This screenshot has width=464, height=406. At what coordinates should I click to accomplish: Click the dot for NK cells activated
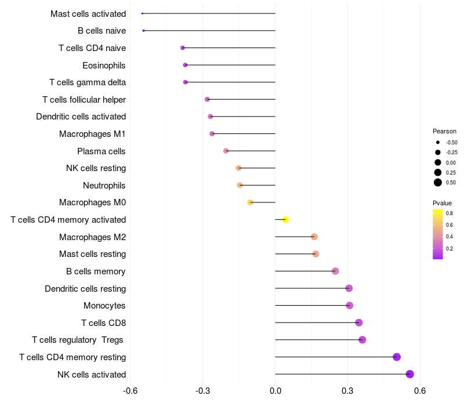click(410, 374)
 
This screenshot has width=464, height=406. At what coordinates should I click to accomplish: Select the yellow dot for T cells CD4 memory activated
click(285, 219)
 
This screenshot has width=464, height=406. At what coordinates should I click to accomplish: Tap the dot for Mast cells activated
click(142, 13)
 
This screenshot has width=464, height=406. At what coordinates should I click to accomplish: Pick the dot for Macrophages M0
click(250, 202)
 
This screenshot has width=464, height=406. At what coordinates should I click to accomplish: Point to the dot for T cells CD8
click(358, 322)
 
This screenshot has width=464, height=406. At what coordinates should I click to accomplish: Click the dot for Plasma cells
click(226, 151)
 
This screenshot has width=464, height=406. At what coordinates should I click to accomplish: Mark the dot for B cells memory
click(335, 271)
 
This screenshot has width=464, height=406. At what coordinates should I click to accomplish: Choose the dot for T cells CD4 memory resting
click(397, 357)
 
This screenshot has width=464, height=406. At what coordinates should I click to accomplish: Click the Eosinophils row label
click(104, 65)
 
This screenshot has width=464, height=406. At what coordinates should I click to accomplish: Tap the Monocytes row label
click(104, 306)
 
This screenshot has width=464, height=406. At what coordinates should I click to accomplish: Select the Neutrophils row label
click(104, 186)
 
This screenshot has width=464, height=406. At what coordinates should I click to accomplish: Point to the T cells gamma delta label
click(88, 82)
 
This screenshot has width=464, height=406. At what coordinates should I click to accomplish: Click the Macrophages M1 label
click(92, 134)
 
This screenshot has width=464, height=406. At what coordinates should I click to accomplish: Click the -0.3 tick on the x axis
click(203, 390)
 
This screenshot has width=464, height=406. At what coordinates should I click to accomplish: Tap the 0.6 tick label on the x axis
click(420, 390)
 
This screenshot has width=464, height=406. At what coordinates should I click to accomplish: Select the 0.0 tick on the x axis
click(275, 390)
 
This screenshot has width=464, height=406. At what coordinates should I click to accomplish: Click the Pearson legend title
click(444, 131)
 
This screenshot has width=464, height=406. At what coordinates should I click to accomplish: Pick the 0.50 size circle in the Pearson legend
click(438, 183)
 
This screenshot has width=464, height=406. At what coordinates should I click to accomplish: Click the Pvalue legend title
click(442, 203)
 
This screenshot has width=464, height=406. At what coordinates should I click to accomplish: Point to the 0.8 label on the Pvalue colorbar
click(449, 213)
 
